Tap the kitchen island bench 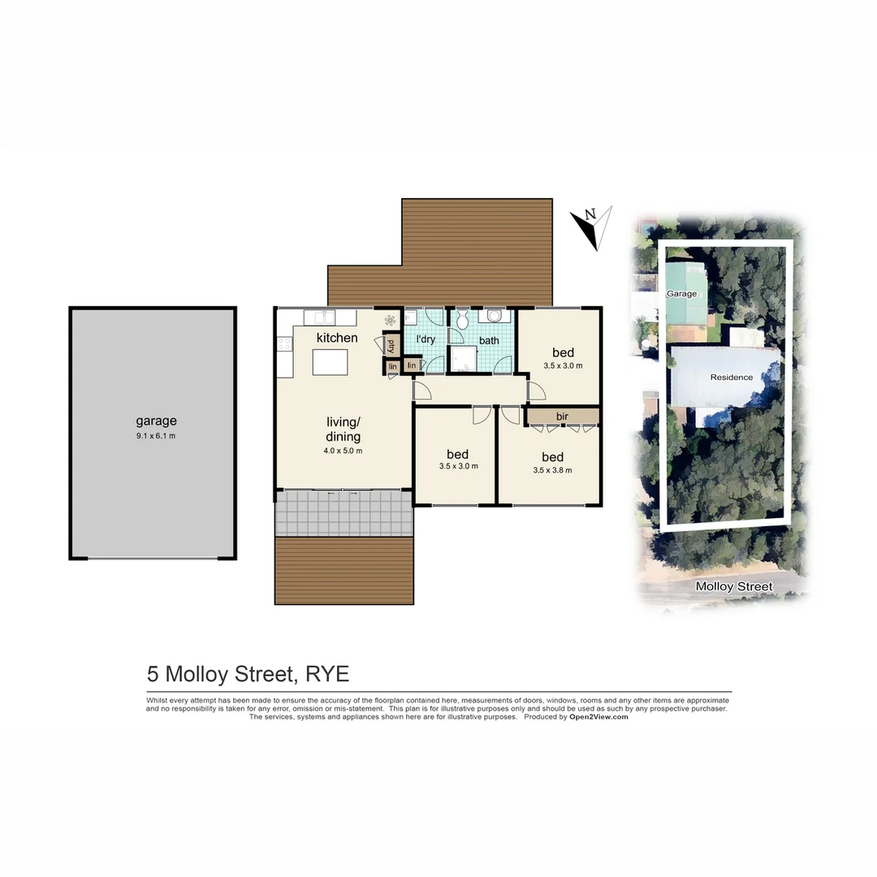330,362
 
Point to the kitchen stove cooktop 284,344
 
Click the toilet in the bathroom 462,320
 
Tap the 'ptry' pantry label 391,344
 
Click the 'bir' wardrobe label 562,417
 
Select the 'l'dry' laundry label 426,339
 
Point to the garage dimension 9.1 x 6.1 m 156,436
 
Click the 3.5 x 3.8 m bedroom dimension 552,470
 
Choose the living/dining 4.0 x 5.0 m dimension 343,451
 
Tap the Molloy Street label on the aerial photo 734,586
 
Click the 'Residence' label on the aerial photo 731,377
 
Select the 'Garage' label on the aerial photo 681,293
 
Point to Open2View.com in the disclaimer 598,717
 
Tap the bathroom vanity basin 495,318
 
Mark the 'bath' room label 489,340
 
